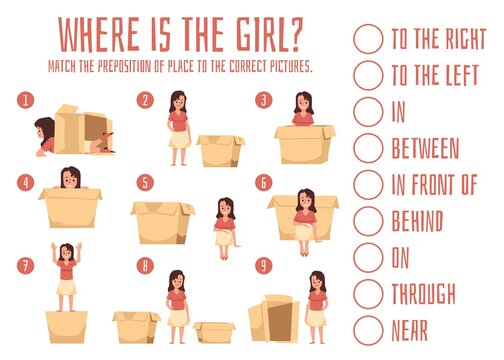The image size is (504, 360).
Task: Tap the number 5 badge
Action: click(x=146, y=184)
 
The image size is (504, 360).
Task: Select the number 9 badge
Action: click(x=263, y=266)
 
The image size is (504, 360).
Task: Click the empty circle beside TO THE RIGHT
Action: click(x=368, y=38)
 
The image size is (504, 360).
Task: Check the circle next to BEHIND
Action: click(x=368, y=220)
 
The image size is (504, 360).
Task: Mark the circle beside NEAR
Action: click(x=368, y=329)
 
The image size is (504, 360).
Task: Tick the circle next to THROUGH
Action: click(x=368, y=293)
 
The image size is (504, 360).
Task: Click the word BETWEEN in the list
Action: click(x=425, y=148)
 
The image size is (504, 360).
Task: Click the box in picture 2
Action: click(x=220, y=151)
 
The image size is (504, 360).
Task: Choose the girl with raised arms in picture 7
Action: click(x=66, y=274)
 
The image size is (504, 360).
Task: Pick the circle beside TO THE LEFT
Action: click(x=368, y=75)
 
